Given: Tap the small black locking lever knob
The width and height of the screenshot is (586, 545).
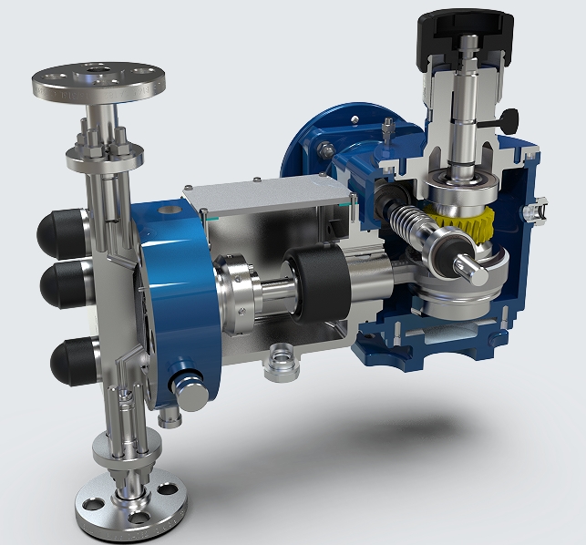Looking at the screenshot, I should [x=509, y=118].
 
